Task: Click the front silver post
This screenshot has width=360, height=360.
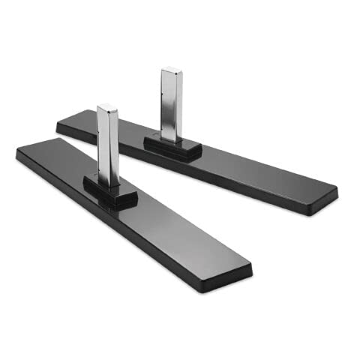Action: point(107,146)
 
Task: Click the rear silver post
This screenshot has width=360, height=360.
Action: point(172,105)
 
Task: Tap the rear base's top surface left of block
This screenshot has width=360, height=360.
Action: point(112,126)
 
